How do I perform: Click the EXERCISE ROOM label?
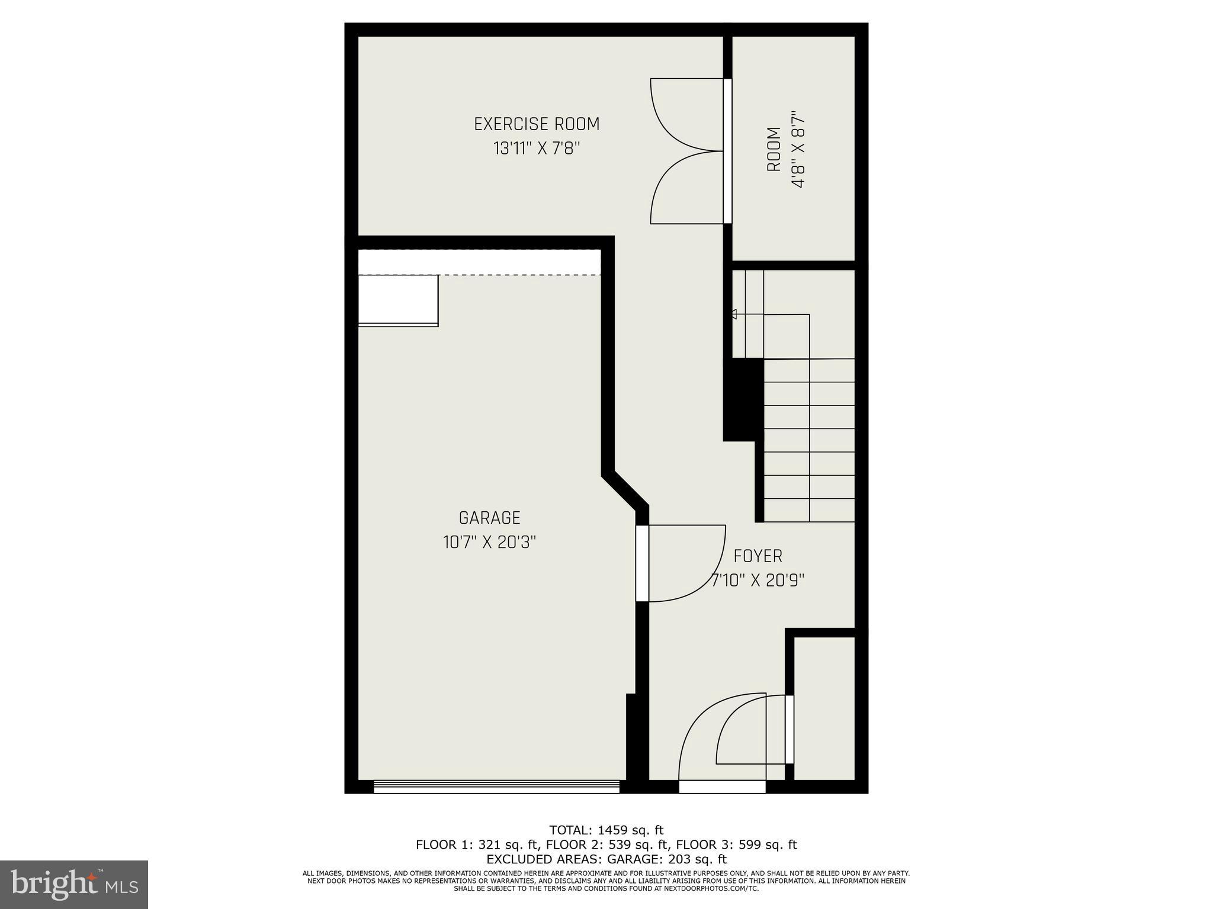tap(537, 124)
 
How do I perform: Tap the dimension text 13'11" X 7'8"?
tap(537, 149)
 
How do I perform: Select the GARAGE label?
tap(489, 518)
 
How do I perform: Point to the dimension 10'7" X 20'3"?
tap(489, 542)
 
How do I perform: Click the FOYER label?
tap(758, 556)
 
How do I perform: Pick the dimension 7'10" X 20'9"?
tap(758, 581)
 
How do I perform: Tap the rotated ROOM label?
tap(774, 150)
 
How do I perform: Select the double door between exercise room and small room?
tap(687, 151)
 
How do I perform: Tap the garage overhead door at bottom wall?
tap(496, 786)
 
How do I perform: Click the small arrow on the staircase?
tap(733, 314)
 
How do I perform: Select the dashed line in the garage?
tap(480, 275)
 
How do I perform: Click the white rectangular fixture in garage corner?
tap(398, 300)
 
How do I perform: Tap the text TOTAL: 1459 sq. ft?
tap(606, 830)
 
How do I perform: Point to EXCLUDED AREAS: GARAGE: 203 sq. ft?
tap(606, 859)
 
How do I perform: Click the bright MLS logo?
tap(74, 884)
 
